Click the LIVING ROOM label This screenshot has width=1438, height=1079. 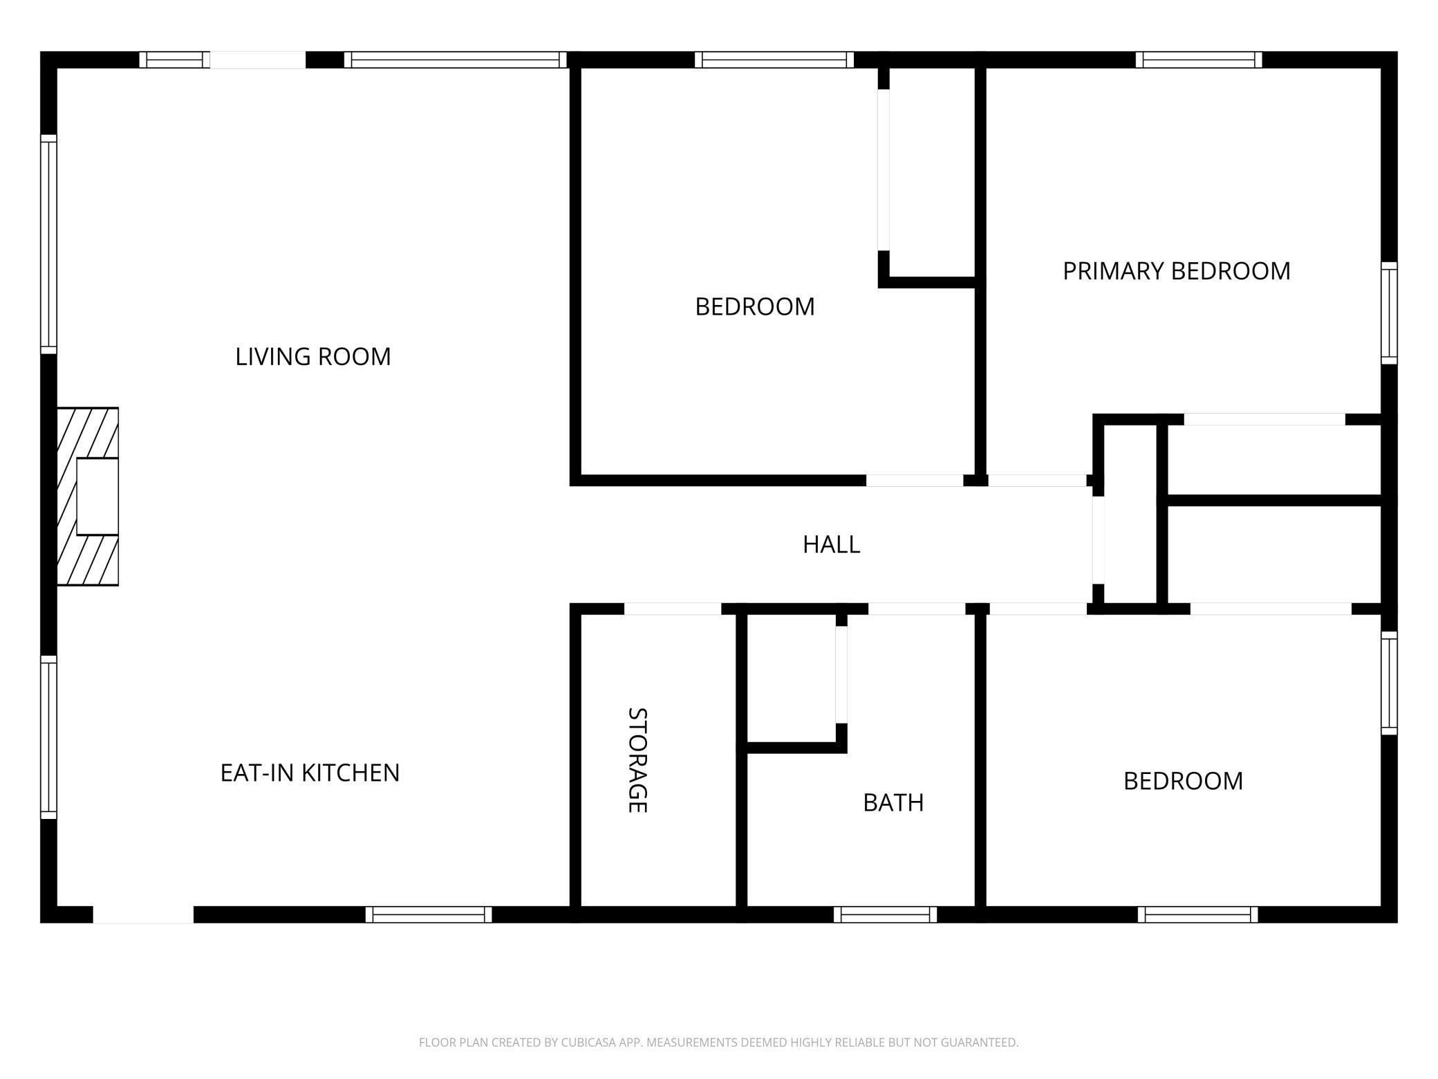(312, 357)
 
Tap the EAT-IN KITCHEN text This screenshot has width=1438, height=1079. (310, 773)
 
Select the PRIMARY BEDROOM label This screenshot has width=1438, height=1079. (1176, 271)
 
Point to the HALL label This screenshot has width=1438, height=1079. (831, 545)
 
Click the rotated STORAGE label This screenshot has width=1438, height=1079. (637, 759)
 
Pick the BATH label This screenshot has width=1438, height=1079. (893, 802)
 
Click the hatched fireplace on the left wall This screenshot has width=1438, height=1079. (88, 496)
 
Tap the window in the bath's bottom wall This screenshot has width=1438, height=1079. (885, 914)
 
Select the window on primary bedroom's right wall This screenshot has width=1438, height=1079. (1389, 313)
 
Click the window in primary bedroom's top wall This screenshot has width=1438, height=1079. (1198, 60)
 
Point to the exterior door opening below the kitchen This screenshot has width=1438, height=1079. (143, 914)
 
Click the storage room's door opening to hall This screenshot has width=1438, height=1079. (672, 609)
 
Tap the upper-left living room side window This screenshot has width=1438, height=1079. (48, 243)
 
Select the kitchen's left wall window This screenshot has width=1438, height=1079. (48, 737)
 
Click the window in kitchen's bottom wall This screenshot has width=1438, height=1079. (429, 914)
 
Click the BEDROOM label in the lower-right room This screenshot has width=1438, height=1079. (1183, 781)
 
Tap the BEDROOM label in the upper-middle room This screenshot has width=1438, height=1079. (754, 306)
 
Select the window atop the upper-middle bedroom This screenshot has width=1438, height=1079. (774, 60)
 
